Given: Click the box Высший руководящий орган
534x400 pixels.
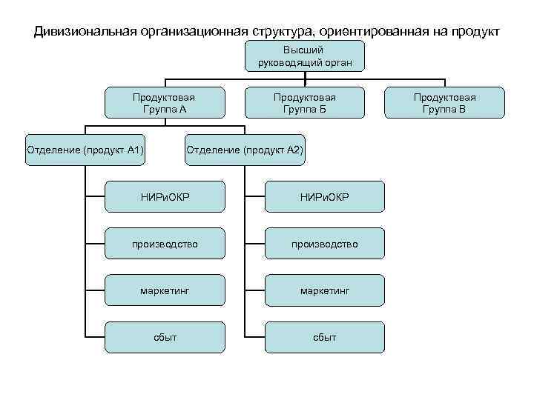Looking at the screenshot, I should (x=304, y=56).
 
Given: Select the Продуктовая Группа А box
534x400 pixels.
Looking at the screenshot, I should (x=164, y=103).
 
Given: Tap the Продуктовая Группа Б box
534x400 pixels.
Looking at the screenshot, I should (x=304, y=103).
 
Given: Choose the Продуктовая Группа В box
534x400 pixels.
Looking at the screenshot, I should (x=444, y=103).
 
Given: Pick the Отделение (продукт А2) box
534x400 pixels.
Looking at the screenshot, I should (x=245, y=150).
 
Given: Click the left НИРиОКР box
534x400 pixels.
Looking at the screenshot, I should (x=164, y=196).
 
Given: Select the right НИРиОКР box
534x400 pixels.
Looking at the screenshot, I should (x=324, y=196).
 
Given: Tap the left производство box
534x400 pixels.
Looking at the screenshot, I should (x=164, y=244).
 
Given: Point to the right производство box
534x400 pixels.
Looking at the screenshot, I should (x=324, y=244).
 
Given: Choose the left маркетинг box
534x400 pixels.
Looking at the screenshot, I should (x=164, y=290).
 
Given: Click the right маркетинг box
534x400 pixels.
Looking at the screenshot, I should (x=324, y=290).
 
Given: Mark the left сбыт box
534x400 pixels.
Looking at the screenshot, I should (x=164, y=337).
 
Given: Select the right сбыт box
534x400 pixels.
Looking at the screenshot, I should (x=324, y=337).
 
